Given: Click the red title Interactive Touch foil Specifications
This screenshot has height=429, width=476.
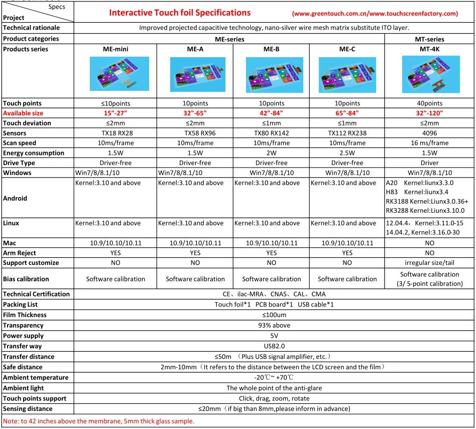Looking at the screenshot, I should click(180, 13).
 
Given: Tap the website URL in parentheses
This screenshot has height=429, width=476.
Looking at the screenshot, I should click(375, 14).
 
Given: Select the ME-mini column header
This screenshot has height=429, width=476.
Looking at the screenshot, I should click(115, 49).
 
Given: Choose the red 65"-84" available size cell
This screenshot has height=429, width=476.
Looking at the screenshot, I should click(347, 113).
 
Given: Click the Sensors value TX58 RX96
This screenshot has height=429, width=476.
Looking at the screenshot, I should click(195, 133).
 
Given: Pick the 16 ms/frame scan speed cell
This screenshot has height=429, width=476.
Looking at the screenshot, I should click(429, 143).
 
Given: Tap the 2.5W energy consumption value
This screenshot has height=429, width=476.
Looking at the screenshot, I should click(347, 153).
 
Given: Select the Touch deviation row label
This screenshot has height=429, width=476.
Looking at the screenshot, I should click(27, 123).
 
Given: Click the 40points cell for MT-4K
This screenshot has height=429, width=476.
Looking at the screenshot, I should click(429, 103).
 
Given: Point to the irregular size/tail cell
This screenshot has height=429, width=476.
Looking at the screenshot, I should click(429, 263).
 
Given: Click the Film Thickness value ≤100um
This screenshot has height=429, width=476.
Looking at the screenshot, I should click(274, 315).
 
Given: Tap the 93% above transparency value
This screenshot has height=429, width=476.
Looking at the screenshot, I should click(274, 326).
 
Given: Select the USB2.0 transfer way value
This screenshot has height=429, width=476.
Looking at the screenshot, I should click(274, 346).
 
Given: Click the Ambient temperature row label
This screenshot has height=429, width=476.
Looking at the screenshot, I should click(36, 377).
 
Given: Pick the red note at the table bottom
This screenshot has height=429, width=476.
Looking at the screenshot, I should click(98, 421).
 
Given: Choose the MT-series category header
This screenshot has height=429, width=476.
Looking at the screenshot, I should click(429, 39).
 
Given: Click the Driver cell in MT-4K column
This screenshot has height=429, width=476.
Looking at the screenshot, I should click(429, 163).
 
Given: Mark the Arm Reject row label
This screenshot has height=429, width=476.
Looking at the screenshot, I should click(20, 253).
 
